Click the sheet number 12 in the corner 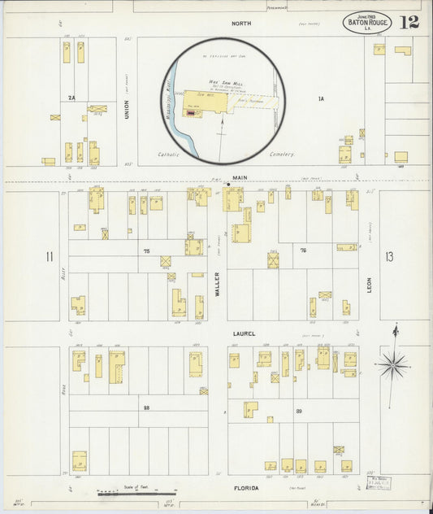(x=409, y=21)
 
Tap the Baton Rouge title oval (x=366, y=22)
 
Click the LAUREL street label (x=244, y=333)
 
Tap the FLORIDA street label (x=247, y=488)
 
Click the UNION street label (x=127, y=109)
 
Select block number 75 (x=147, y=251)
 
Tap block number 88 (x=147, y=407)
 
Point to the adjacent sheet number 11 (x=50, y=257)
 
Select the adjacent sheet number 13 (x=389, y=257)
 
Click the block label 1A (x=321, y=98)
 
